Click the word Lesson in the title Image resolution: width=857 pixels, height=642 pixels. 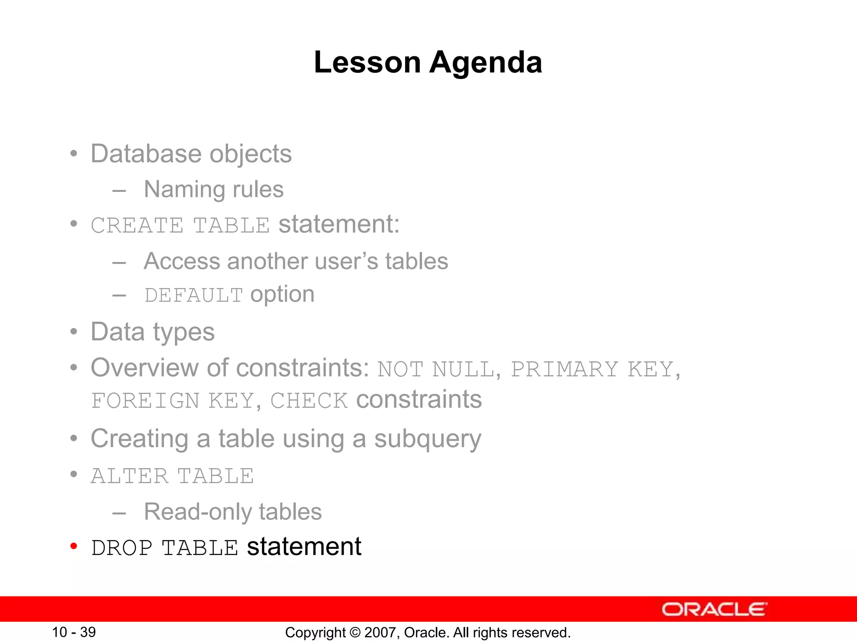pos(367,63)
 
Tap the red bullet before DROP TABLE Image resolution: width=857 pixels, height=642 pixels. pos(74,546)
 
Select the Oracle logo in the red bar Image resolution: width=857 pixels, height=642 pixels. pos(714,609)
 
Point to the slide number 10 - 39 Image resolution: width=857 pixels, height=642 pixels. pos(74,632)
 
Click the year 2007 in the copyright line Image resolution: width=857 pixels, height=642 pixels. pos(378,632)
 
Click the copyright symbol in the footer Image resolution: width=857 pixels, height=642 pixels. pos(355,632)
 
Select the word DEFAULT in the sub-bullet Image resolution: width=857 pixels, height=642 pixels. pos(193,295)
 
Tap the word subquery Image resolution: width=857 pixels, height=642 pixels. pos(427,439)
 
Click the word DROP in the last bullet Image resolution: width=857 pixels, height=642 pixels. pos(122,548)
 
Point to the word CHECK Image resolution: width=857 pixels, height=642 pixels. pos(309,400)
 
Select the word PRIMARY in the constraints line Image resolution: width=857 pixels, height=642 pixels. pos(564,369)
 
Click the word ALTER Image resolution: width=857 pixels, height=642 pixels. pos(130,476)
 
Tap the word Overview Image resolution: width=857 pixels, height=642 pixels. pos(144,368)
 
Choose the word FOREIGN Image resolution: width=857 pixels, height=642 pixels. pos(145,400)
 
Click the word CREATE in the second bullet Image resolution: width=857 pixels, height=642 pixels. pos(137,226)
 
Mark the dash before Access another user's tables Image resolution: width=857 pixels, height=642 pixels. pos(119,262)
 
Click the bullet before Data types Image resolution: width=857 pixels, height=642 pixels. pos(74,332)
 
